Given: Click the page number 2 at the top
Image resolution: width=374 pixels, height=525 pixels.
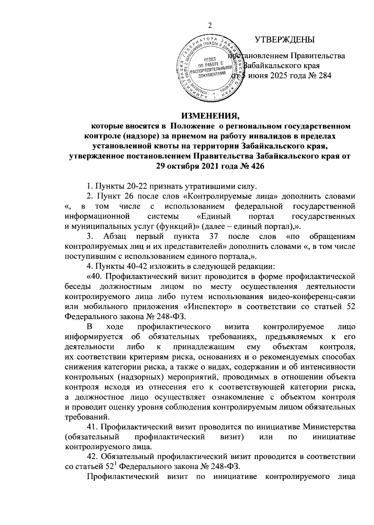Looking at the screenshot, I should (x=209, y=26).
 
